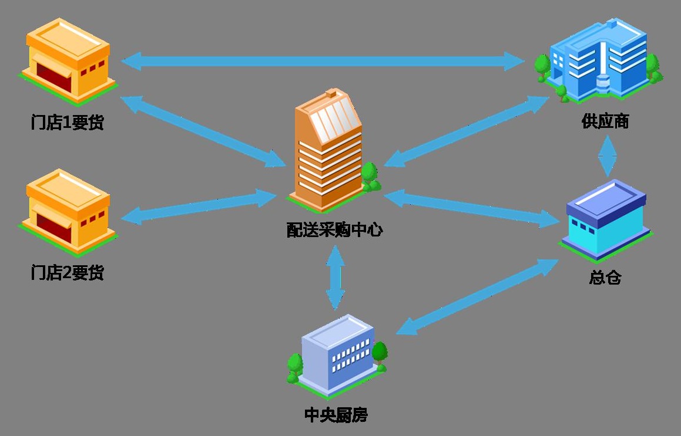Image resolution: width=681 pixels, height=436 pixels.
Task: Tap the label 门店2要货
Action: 67,272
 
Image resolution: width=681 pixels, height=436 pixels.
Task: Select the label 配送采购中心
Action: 334,230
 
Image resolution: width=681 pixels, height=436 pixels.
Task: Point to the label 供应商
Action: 605,121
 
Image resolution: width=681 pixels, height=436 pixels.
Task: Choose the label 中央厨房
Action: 336,415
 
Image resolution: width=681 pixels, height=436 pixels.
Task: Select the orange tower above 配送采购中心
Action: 328,150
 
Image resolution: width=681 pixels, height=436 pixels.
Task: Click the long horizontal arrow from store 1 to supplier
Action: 323,60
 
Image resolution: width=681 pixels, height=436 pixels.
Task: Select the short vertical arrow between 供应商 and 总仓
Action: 607,156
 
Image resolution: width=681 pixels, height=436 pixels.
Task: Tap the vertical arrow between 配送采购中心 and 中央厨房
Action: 335,277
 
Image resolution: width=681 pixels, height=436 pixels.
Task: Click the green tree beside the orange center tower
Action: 370,174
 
